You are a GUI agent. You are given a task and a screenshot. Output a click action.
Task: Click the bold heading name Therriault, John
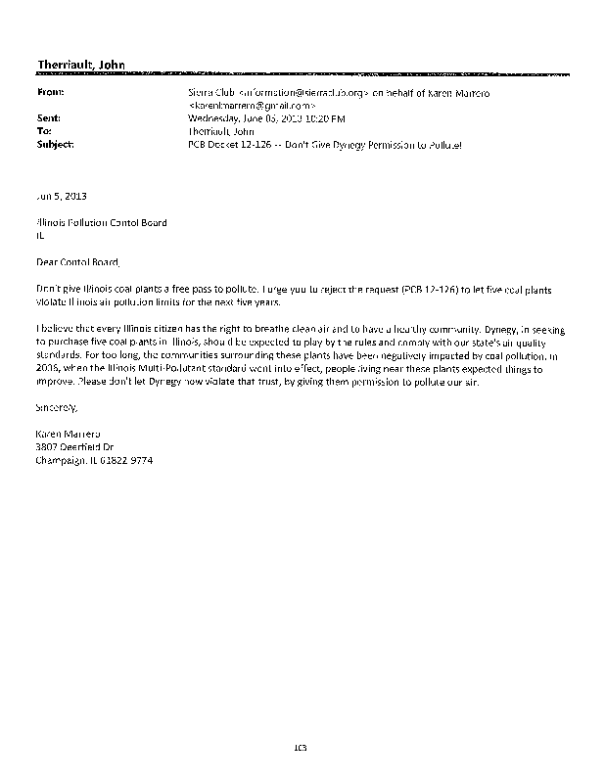[80, 66]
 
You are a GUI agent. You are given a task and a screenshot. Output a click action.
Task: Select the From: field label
[50, 93]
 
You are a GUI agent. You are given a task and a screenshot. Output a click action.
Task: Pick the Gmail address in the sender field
[249, 105]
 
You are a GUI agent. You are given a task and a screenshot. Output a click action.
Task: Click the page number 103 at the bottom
[302, 749]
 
